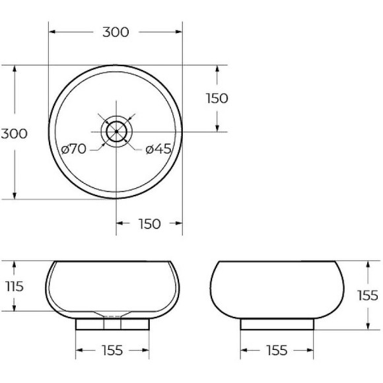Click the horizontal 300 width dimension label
(116, 32)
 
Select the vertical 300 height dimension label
(14, 133)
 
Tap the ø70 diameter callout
(73, 149)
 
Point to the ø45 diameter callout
(158, 149)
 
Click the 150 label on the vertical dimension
(217, 98)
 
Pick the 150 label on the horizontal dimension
(150, 224)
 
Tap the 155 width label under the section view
(113, 350)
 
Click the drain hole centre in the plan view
(116, 131)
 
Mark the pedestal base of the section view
(113, 324)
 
